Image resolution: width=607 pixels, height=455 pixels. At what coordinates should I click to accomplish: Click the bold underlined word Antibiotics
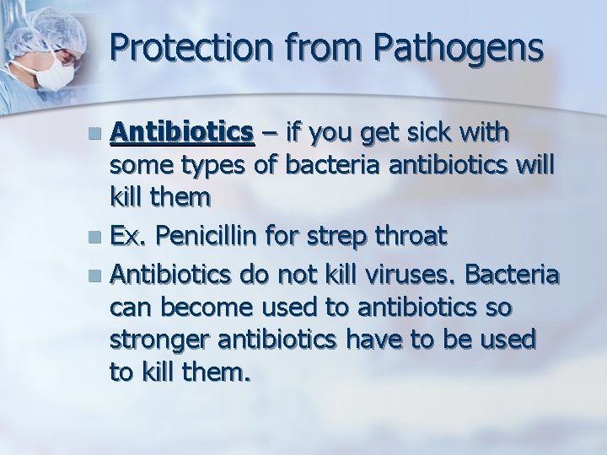click(x=182, y=132)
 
